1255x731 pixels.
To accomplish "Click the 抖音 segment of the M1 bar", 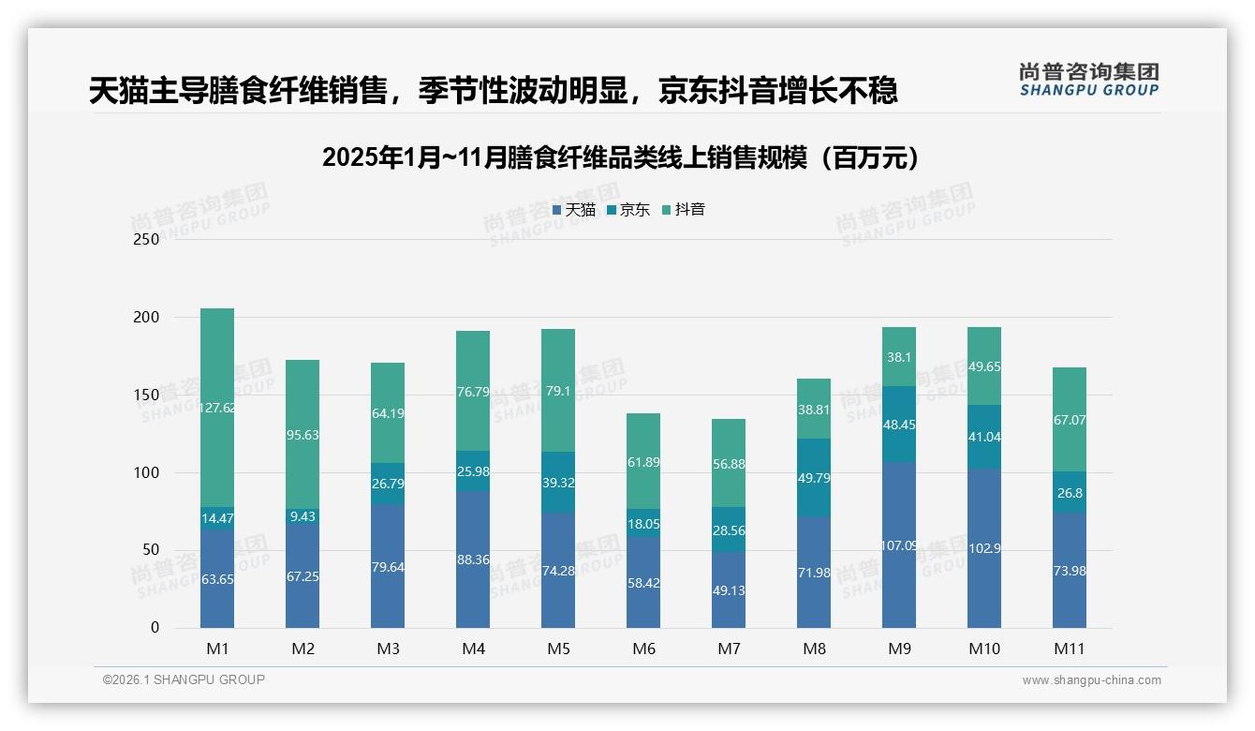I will pyautogui.click(x=217, y=408).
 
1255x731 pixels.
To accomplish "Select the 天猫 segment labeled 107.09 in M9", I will pyautogui.click(x=898, y=545).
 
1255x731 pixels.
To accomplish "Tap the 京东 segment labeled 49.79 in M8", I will pyautogui.click(x=814, y=478).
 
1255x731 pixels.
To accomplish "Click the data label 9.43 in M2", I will pyautogui.click(x=303, y=515).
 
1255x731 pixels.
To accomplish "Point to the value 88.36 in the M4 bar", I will pyautogui.click(x=473, y=559).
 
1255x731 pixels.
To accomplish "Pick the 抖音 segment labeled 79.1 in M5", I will pyautogui.click(x=558, y=390).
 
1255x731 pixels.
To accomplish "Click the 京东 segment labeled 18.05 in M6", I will pyautogui.click(x=643, y=524).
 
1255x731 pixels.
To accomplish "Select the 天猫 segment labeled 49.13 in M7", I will pyautogui.click(x=729, y=589).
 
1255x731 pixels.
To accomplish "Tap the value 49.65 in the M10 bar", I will pyautogui.click(x=983, y=366).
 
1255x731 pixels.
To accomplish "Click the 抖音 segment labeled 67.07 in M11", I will pyautogui.click(x=1069, y=420).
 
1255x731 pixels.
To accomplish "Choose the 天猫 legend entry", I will pyautogui.click(x=573, y=210).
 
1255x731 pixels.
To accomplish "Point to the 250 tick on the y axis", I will pyautogui.click(x=147, y=239).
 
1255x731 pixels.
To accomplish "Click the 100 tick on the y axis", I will pyautogui.click(x=147, y=472).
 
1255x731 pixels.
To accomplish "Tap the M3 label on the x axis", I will pyautogui.click(x=388, y=649).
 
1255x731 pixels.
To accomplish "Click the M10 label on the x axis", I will pyautogui.click(x=983, y=649).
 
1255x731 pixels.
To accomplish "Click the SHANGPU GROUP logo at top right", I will pyautogui.click(x=1089, y=80).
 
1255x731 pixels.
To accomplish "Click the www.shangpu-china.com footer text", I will pyautogui.click(x=1091, y=680).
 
